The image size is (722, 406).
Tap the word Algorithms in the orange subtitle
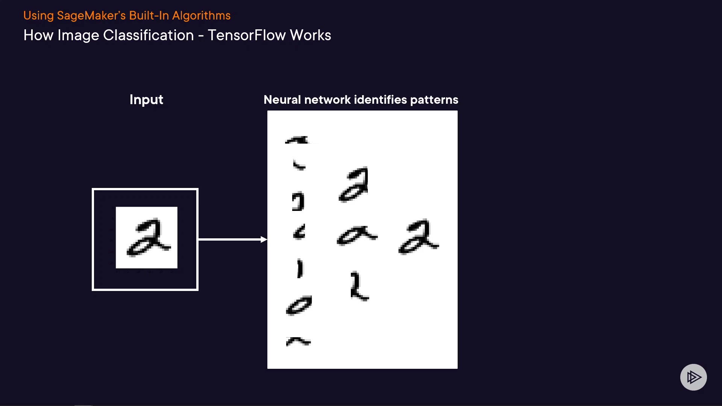201,16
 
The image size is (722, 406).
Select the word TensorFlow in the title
247,35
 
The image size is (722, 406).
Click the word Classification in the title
149,35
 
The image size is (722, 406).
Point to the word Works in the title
310,35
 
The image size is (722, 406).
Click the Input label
146,100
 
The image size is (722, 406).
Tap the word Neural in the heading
282,100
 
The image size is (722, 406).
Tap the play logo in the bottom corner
693,377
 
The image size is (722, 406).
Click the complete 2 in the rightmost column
418,237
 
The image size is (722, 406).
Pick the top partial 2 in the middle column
354,185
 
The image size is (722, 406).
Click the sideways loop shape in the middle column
356,236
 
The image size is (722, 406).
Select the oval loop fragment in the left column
299,305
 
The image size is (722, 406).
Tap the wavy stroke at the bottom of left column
298,341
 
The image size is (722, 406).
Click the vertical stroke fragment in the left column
300,268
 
